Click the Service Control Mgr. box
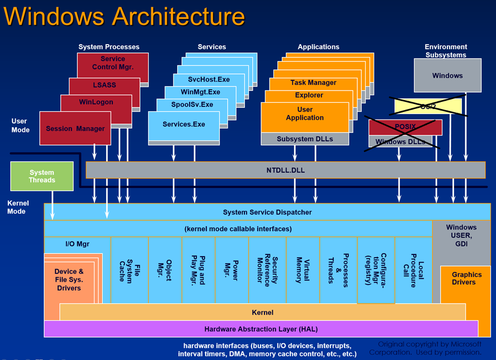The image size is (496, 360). pyautogui.click(x=113, y=63)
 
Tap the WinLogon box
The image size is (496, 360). pyautogui.click(x=96, y=102)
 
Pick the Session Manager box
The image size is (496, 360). pyautogui.click(x=75, y=129)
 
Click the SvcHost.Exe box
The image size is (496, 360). pyautogui.click(x=201, y=79)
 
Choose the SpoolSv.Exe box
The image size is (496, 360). pyautogui.click(x=192, y=105)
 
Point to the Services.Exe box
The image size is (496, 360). pyautogui.click(x=183, y=124)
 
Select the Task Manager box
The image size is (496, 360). pyautogui.click(x=313, y=83)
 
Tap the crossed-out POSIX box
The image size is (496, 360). pyautogui.click(x=405, y=127)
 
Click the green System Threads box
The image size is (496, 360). pyautogui.click(x=42, y=177)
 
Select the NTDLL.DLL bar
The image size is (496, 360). pyautogui.click(x=285, y=170)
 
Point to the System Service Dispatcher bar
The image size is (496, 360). pyautogui.click(x=267, y=212)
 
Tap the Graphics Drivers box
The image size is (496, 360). pyautogui.click(x=466, y=278)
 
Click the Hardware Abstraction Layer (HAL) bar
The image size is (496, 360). pyautogui.click(x=261, y=329)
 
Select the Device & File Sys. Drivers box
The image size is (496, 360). pyautogui.click(x=69, y=280)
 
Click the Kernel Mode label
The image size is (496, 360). pyautogui.click(x=18, y=207)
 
